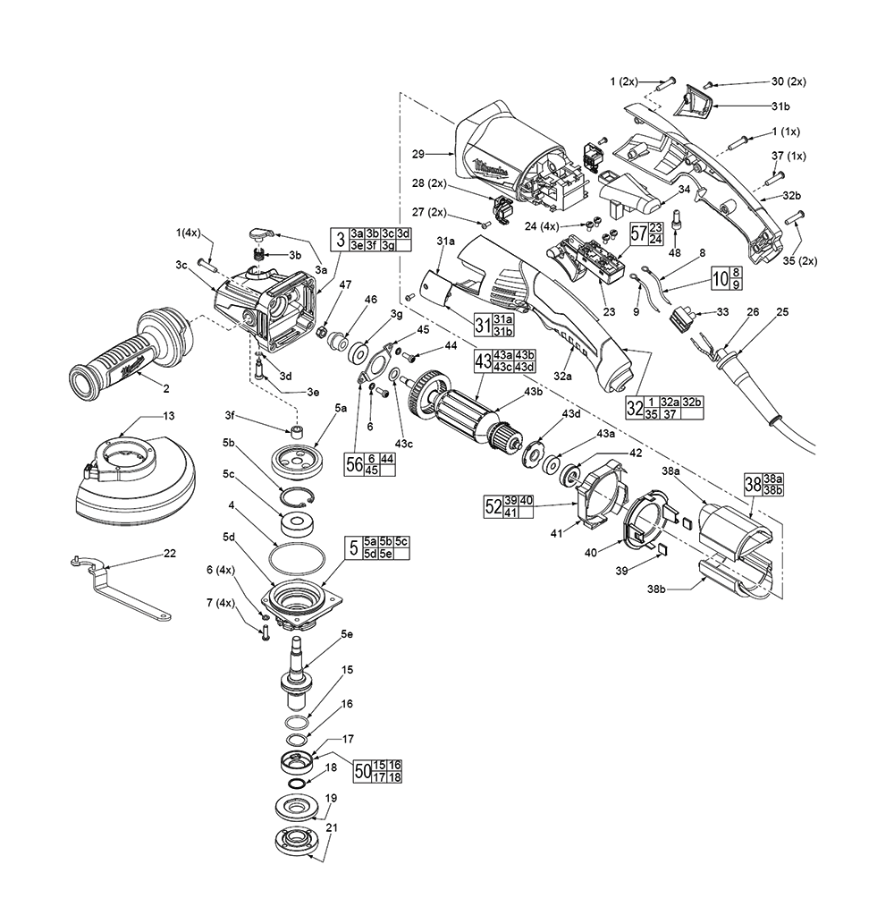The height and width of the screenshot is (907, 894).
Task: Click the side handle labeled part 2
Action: coord(125,352)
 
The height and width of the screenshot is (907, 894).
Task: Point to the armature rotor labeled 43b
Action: coord(465,414)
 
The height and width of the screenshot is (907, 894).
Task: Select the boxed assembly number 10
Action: coord(720,279)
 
